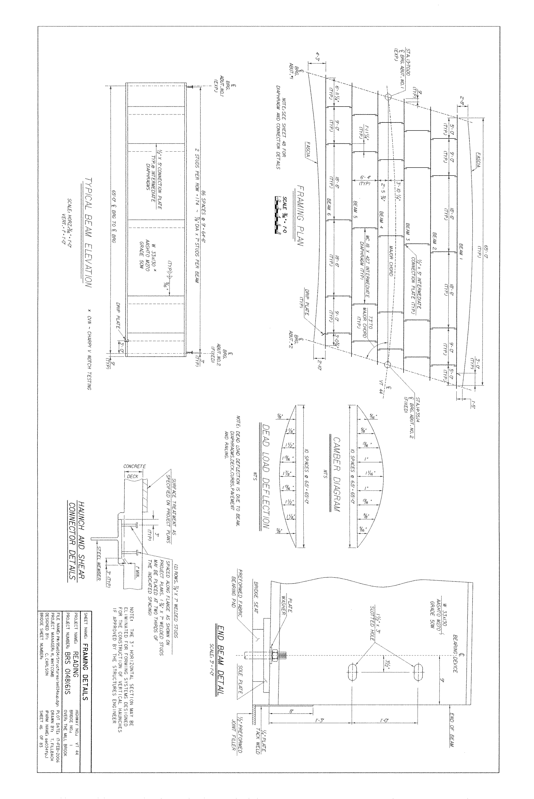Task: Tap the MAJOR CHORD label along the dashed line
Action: (391, 261)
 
